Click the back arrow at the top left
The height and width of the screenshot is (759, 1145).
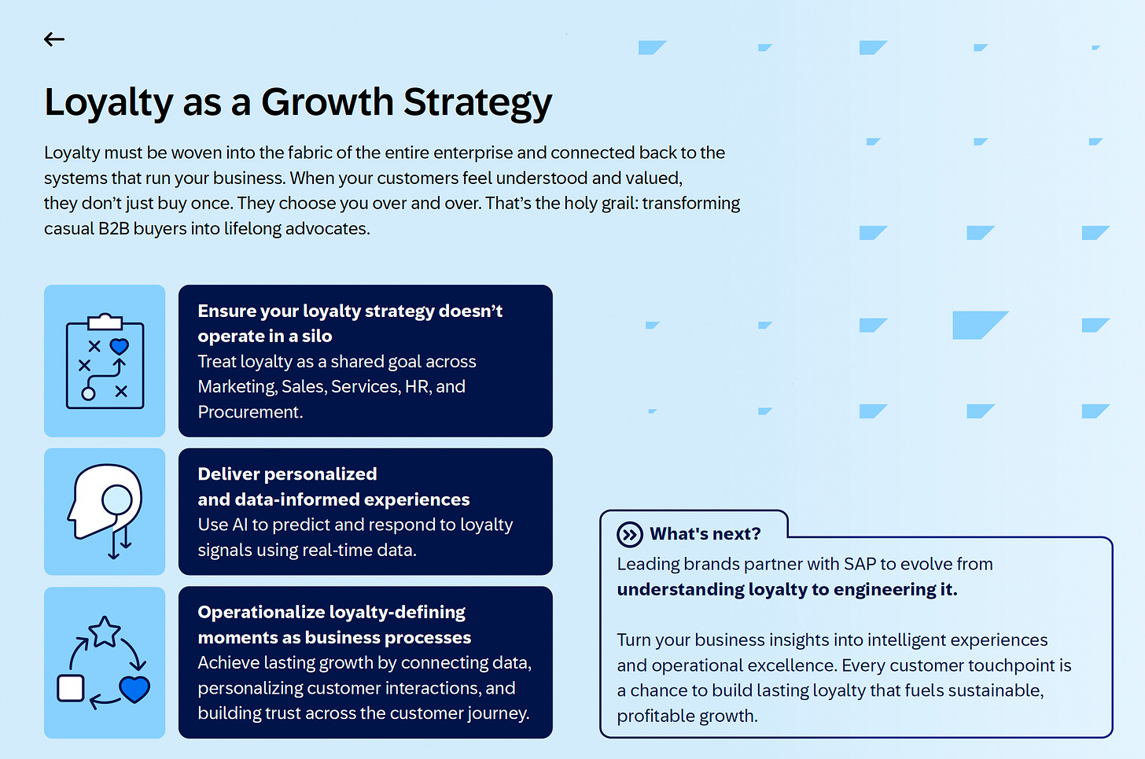click(x=54, y=39)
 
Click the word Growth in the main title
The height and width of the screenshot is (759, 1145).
click(x=327, y=103)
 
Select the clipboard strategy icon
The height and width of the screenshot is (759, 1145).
click(x=105, y=361)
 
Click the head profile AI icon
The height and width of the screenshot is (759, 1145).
click(x=105, y=510)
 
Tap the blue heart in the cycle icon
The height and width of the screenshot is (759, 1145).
click(x=134, y=689)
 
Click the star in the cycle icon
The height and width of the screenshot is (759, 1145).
click(x=105, y=632)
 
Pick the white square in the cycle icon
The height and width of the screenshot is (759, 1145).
click(x=71, y=688)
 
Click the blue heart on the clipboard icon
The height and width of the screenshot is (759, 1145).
click(x=120, y=346)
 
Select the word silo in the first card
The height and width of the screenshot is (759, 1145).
click(x=317, y=337)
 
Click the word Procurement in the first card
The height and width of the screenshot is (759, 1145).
click(x=249, y=412)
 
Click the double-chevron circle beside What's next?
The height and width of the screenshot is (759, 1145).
click(x=629, y=535)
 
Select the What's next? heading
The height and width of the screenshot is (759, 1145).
click(x=705, y=534)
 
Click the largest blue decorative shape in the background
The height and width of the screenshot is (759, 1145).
click(x=976, y=324)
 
